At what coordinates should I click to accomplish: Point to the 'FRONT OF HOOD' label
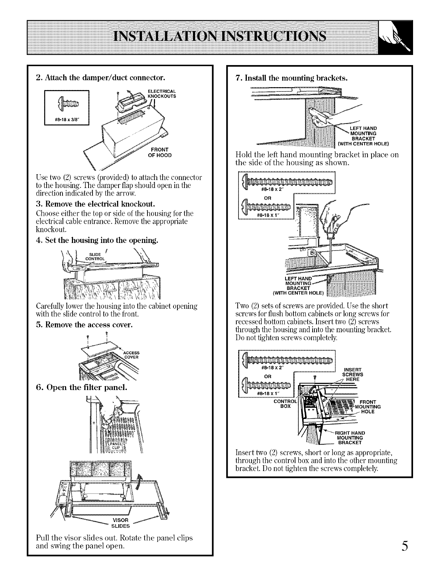[x=159, y=153]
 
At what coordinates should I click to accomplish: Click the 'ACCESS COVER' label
[x=132, y=355]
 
